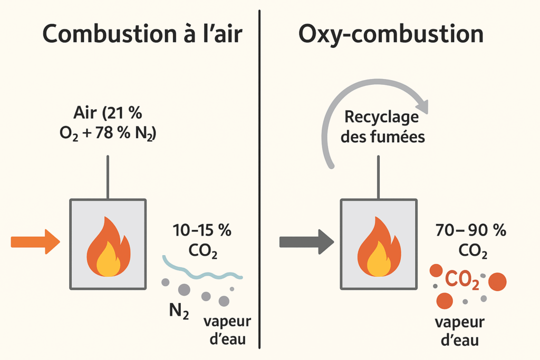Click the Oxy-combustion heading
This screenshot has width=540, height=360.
[x=391, y=34]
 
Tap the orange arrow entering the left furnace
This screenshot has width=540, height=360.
[x=35, y=242]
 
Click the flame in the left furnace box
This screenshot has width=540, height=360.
[x=108, y=247]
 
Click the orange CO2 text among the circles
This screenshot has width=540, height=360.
[x=462, y=281]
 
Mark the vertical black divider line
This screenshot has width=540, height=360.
[x=260, y=179]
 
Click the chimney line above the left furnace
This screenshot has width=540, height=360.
[x=108, y=177]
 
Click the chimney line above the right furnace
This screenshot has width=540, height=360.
[x=378, y=177]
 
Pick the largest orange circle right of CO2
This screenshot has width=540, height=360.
[x=497, y=282]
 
